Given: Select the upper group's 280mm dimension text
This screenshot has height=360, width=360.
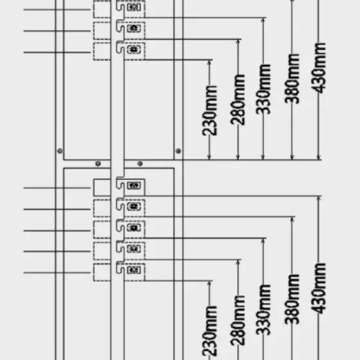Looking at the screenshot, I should click(239, 99).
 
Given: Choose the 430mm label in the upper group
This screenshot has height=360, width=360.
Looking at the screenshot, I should click(319, 66).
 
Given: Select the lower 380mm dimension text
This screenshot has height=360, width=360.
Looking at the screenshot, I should click(292, 298).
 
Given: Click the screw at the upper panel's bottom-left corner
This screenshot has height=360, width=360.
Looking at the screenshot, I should click(59, 151).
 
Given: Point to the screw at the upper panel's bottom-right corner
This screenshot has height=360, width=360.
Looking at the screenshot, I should click(178, 150).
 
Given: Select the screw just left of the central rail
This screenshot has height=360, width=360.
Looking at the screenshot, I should click(98, 163).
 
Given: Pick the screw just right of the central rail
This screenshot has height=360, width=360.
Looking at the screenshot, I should click(140, 163).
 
